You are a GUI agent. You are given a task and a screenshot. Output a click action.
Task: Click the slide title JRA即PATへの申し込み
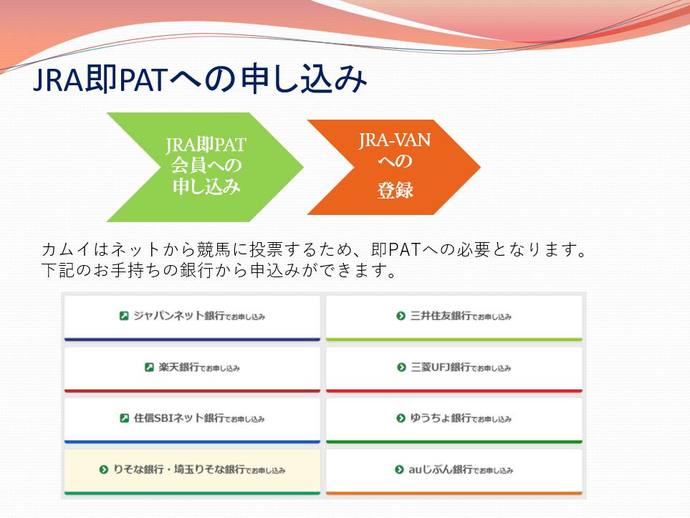click(x=199, y=81)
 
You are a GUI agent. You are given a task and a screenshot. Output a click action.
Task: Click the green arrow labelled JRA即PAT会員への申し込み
click(x=205, y=166)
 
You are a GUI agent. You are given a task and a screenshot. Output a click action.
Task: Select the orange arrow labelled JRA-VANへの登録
click(x=394, y=166)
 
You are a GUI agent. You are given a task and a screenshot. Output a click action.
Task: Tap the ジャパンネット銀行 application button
click(x=192, y=316)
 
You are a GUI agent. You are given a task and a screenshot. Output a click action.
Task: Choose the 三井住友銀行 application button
click(x=454, y=316)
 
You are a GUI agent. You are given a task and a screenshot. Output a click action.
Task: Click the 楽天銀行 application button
click(x=192, y=368)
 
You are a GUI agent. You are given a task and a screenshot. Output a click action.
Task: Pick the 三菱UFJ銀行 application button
click(x=454, y=368)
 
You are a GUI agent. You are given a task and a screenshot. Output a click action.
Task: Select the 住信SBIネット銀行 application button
click(x=192, y=418)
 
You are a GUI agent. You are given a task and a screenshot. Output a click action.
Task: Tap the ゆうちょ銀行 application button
click(x=454, y=418)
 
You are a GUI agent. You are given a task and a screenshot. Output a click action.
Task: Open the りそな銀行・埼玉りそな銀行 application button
click(x=192, y=470)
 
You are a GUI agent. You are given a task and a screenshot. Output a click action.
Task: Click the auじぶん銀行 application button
click(x=454, y=470)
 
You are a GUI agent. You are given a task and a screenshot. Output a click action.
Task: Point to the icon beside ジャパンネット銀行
click(x=124, y=316)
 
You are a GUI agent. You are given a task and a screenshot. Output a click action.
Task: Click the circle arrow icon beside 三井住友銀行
click(x=401, y=316)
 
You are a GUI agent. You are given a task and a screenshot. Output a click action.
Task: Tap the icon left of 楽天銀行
click(x=149, y=368)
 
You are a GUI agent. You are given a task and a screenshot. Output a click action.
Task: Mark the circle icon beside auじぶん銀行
click(x=399, y=470)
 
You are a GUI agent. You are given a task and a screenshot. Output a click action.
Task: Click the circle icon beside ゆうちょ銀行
click(x=401, y=418)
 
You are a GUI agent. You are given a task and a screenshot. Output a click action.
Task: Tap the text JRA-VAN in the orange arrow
click(x=395, y=140)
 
